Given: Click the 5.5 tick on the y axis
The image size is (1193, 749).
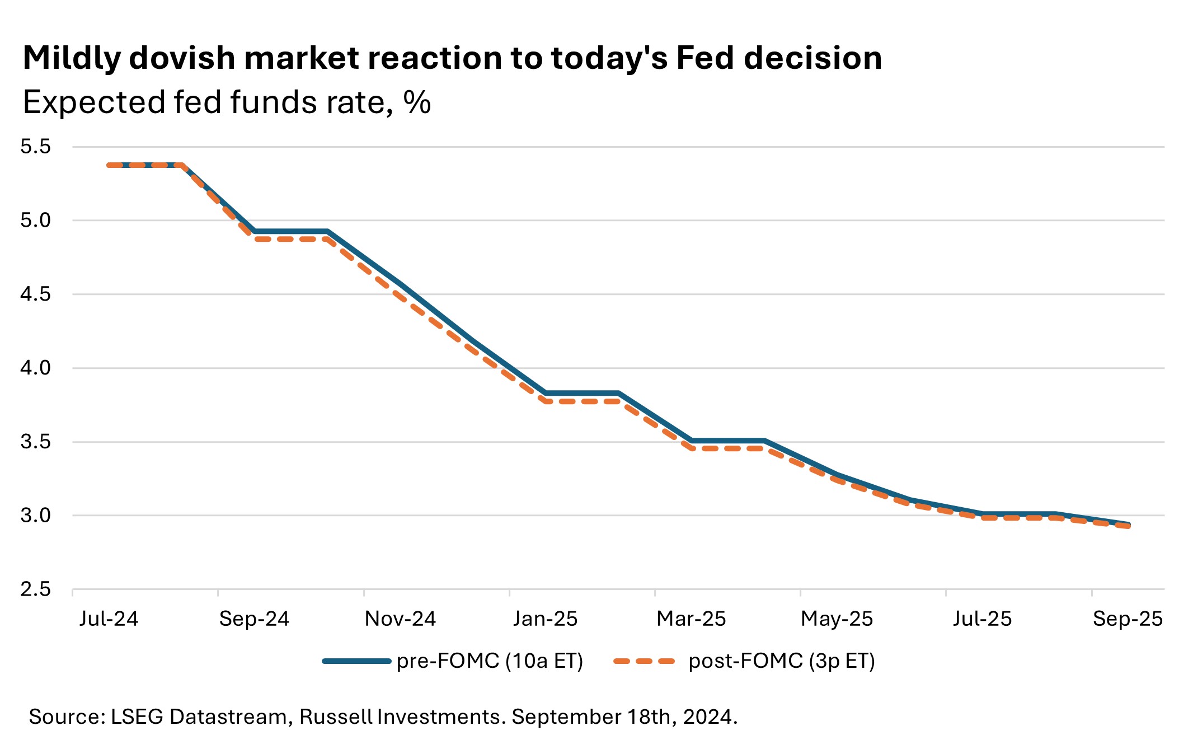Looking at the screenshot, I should (x=35, y=147).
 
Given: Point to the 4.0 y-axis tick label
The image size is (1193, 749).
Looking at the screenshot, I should (x=35, y=368).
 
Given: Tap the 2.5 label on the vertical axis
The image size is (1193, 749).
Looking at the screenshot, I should (x=35, y=589).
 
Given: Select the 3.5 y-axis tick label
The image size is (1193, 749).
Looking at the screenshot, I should (x=35, y=442).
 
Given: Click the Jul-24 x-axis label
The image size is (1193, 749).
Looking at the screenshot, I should (x=109, y=619).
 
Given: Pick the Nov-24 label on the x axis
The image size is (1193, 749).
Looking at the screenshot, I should (x=400, y=619).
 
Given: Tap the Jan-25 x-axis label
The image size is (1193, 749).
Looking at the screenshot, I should (x=545, y=619).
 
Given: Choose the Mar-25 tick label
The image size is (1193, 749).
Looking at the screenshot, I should (x=691, y=619).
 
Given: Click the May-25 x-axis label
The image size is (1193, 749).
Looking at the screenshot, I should (x=837, y=619).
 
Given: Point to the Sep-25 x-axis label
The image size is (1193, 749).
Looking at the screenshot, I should (x=1128, y=619).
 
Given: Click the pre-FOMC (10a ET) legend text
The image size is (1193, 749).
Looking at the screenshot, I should (x=490, y=661).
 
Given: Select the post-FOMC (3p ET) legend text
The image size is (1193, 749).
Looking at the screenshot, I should (x=782, y=661).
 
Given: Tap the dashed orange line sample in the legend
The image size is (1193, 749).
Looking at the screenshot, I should (x=644, y=661).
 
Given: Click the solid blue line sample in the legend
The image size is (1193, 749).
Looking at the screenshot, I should (x=356, y=661).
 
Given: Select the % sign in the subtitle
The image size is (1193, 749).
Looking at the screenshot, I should (x=417, y=102).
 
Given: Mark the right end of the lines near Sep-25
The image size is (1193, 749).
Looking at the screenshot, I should (x=1129, y=525).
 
